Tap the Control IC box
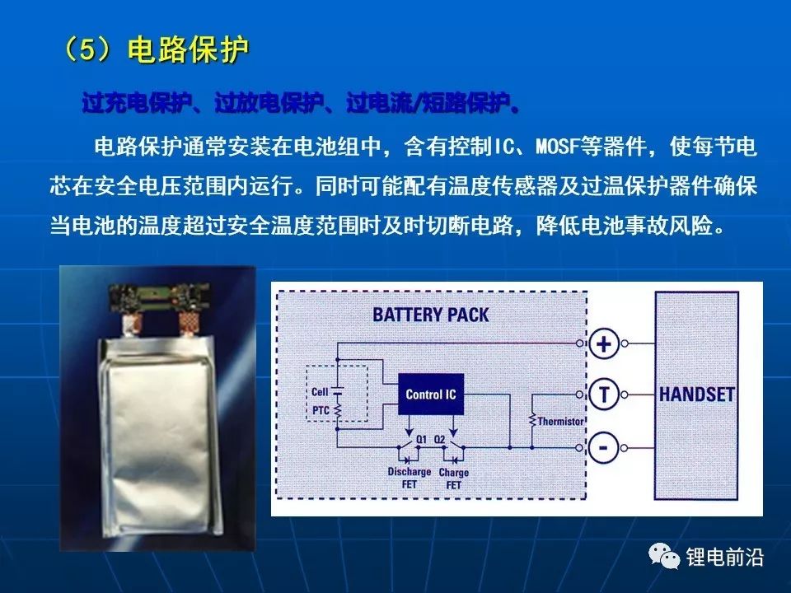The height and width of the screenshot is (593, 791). [430, 395]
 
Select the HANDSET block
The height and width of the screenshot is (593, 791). [696, 395]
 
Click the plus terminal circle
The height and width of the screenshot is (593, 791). [604, 343]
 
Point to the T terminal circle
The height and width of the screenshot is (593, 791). [604, 395]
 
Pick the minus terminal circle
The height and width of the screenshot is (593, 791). [604, 448]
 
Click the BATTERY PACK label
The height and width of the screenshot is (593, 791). [430, 315]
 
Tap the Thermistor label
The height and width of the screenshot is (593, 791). [561, 422]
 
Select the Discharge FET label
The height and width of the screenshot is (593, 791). [410, 478]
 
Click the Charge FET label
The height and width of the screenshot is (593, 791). [454, 479]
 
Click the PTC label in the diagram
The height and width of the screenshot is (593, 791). [320, 409]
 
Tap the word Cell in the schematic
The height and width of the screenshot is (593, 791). [320, 392]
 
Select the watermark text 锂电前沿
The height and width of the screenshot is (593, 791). [726, 558]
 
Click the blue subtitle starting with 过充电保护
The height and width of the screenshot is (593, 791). [301, 105]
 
